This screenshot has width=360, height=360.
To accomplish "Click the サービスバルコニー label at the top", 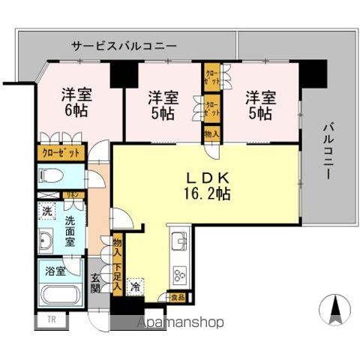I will click(x=124, y=46).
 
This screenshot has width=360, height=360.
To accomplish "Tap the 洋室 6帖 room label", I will click(x=75, y=103).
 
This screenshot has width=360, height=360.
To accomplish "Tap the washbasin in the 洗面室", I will click(x=46, y=241).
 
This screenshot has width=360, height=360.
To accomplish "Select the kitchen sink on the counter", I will click(x=180, y=242).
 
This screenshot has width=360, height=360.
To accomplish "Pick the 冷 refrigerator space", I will click(x=136, y=287).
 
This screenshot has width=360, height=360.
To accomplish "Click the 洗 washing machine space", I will click(x=46, y=210).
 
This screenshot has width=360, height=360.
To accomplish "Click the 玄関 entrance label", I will click(x=96, y=284).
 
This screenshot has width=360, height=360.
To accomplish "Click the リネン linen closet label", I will click(x=74, y=195).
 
